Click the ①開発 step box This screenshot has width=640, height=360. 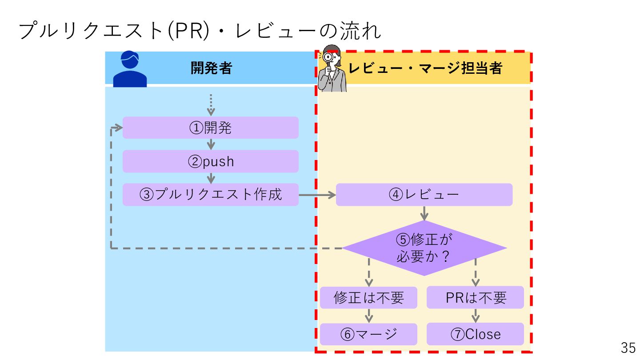[210, 128]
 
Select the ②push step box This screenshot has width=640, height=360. [210, 161]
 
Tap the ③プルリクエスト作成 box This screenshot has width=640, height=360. [210, 195]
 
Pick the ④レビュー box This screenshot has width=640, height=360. [424, 195]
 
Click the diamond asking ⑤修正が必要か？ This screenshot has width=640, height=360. [424, 248]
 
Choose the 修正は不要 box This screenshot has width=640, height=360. [368, 297]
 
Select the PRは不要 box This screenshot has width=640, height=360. [475, 297]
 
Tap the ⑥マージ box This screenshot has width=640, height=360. [368, 334]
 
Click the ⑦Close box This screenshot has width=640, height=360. [475, 334]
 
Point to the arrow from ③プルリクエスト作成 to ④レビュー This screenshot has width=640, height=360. [317, 195]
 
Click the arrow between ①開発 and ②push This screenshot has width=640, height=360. [211, 144]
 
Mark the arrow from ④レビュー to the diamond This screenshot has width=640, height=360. [424, 213]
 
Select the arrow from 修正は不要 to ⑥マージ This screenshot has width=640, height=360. [368, 316]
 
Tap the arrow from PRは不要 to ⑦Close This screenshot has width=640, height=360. [476, 316]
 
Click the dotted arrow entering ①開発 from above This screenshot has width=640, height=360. [211, 105]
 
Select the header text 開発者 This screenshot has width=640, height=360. [211, 68]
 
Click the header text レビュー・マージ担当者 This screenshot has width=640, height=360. [425, 68]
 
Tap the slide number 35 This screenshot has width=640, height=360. [628, 348]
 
